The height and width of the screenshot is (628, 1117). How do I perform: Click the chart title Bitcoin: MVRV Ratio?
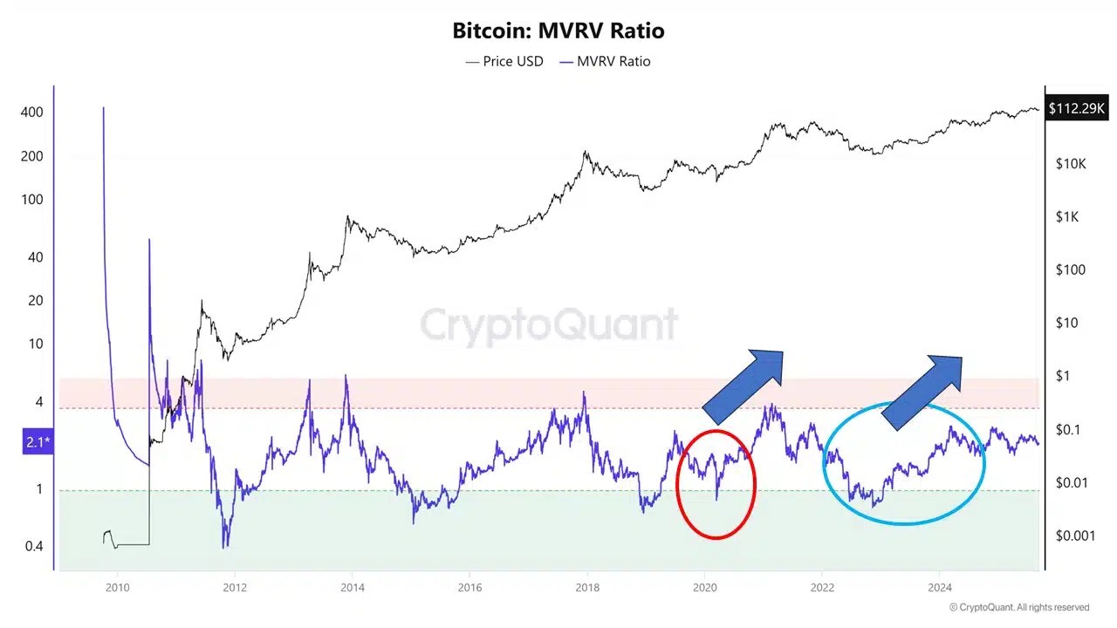pos(558,31)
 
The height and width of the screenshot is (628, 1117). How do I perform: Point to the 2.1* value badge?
pos(38,443)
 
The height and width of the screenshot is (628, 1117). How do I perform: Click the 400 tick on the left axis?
pos(33,113)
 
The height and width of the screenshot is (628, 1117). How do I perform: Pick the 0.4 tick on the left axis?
pos(33,546)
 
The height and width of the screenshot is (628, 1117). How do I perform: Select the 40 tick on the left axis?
pos(36,257)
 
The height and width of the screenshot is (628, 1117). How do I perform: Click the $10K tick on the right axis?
pos(1070,164)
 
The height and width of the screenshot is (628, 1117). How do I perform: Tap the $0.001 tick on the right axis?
pos(1074,536)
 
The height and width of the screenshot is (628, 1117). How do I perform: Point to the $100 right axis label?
pos(1071,270)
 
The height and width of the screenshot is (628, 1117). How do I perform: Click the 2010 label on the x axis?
pos(116,587)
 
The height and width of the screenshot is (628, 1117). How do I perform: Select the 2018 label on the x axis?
pos(587,587)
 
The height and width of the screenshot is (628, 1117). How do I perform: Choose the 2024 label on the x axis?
pos(940,587)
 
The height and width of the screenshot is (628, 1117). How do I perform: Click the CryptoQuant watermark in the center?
pos(549,325)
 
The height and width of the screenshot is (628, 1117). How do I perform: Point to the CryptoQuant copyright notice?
pos(1019,607)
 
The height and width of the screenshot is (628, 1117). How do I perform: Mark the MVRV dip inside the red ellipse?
pos(716,497)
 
